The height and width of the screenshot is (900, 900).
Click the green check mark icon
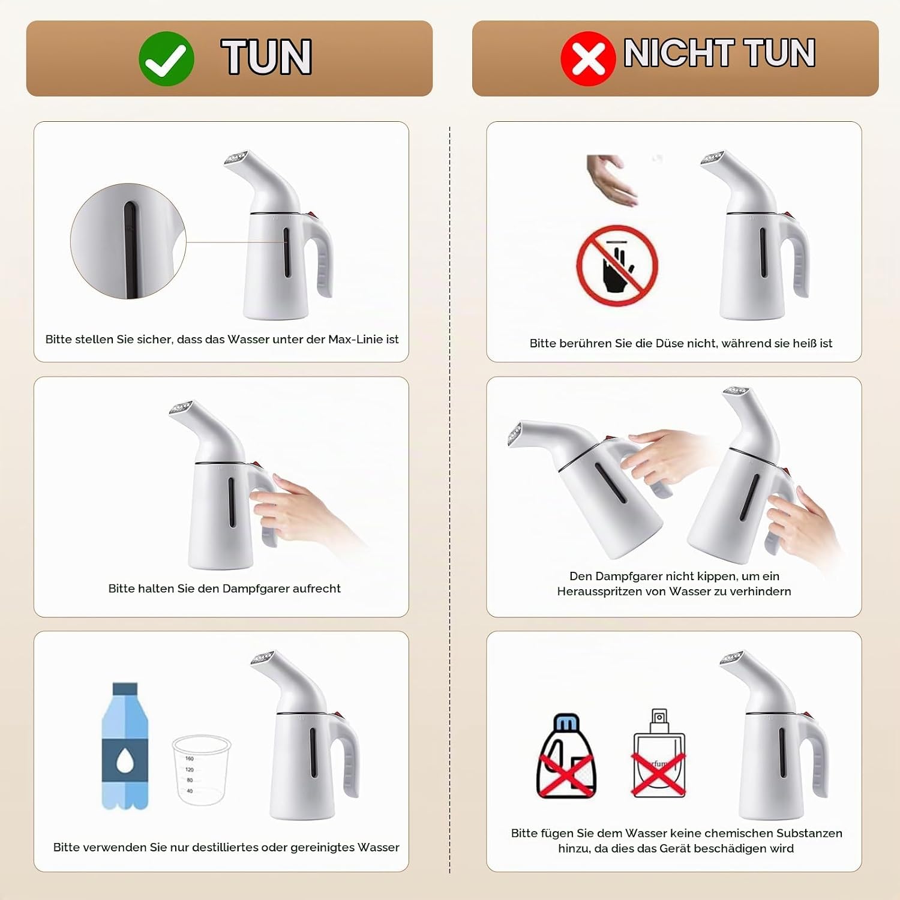tap(166, 58)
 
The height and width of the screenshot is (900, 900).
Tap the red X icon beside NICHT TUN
tap(588, 58)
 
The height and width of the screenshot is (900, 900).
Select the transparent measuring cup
tap(201, 770)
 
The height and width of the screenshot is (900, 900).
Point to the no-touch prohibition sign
tap(617, 265)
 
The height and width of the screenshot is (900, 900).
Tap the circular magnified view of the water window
tap(128, 241)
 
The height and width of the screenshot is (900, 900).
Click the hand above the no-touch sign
tap(611, 180)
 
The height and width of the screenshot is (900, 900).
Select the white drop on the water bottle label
tap(125, 762)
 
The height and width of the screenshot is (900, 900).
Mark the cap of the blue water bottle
tap(125, 688)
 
